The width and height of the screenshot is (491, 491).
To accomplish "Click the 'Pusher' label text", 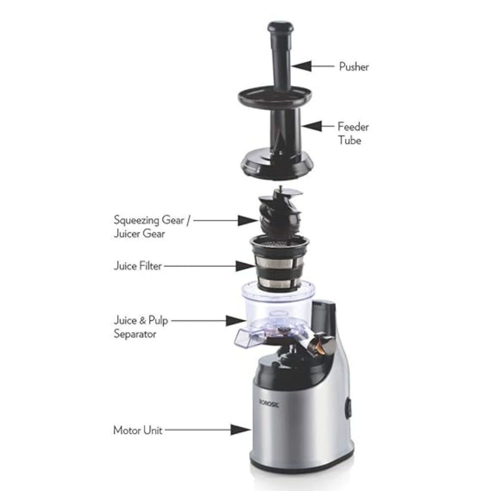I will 354,67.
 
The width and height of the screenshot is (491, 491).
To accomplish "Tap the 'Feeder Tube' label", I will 353,133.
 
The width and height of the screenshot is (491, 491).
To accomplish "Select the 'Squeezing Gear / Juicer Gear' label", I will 152,226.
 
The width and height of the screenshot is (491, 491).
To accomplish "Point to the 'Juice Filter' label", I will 137,266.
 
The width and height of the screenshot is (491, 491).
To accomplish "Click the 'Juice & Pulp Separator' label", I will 141,327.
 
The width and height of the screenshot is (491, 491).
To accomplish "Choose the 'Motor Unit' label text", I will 137,430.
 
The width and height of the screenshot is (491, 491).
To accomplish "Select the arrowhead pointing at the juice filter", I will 246,266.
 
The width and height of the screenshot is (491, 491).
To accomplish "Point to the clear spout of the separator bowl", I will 244,337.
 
